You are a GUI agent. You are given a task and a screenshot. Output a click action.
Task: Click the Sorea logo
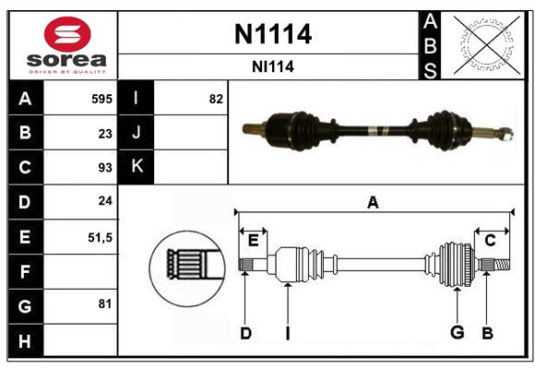point(67,46)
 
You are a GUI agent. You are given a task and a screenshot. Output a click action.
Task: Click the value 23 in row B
point(105,133)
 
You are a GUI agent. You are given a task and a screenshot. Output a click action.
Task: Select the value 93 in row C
point(105,168)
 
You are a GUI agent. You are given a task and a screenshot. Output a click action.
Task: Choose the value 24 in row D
point(105,202)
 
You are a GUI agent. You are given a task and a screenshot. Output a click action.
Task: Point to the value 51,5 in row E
point(100,237)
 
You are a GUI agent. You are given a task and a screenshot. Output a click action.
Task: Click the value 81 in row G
point(105,304)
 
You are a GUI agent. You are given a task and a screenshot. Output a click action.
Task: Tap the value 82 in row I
point(216,99)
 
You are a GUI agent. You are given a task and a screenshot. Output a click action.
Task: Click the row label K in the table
point(137,167)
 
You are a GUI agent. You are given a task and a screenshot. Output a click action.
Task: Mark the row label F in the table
point(25,271)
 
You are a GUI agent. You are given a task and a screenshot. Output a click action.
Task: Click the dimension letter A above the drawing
point(373,203)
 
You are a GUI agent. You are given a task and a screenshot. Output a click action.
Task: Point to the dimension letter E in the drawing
point(253,240)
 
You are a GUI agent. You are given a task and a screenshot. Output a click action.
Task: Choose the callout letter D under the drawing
point(245,333)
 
